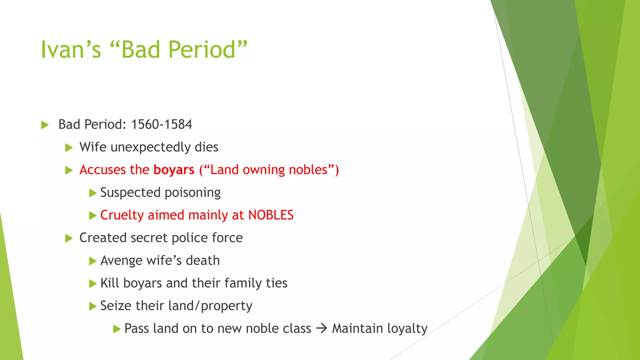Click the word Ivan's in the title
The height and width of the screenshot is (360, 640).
[x=71, y=50]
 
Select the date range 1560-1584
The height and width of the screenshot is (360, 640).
[x=161, y=124]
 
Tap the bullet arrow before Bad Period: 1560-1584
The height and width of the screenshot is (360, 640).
[x=45, y=125]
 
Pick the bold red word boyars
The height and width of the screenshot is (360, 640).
[x=174, y=170]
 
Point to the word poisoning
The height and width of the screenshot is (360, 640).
[x=192, y=192]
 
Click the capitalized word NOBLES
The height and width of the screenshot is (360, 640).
[x=271, y=215]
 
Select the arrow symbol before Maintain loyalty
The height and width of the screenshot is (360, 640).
[x=321, y=328]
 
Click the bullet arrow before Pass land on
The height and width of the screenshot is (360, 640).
[x=117, y=329]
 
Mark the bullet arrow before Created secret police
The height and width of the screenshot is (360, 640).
[x=69, y=239]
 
